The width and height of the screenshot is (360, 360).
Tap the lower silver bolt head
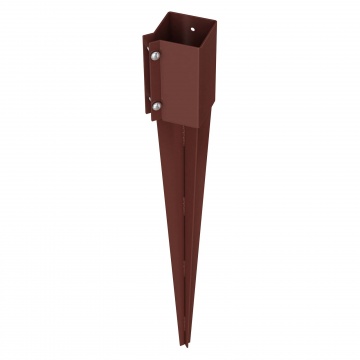[x=156, y=103]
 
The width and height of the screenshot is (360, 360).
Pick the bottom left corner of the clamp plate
[x=145, y=115]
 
